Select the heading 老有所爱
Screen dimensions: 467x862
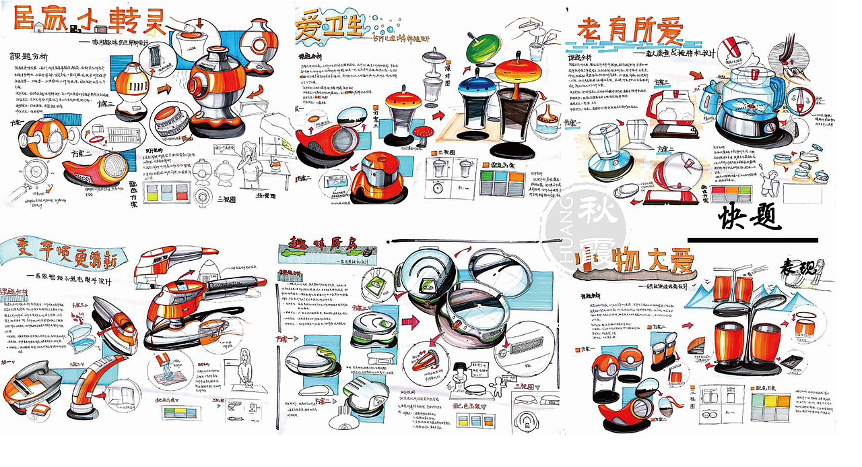(626, 30)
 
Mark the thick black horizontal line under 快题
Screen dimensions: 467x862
(752, 240)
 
